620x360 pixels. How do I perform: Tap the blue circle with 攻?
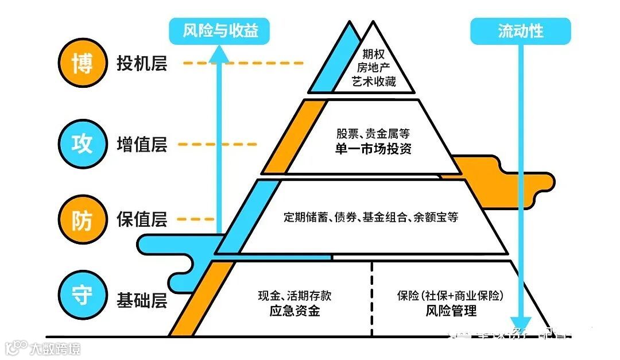[x=83, y=144]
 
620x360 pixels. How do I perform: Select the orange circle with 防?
[x=83, y=219]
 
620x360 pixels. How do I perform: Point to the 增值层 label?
[x=142, y=144]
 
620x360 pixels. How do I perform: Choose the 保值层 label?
[x=142, y=219]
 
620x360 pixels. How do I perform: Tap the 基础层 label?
[x=142, y=299]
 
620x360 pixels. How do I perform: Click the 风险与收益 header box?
[x=220, y=31]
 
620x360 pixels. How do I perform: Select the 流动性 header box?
[x=521, y=31]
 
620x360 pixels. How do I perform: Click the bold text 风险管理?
[x=451, y=311]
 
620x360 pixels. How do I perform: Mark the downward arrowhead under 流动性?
[x=521, y=323]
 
